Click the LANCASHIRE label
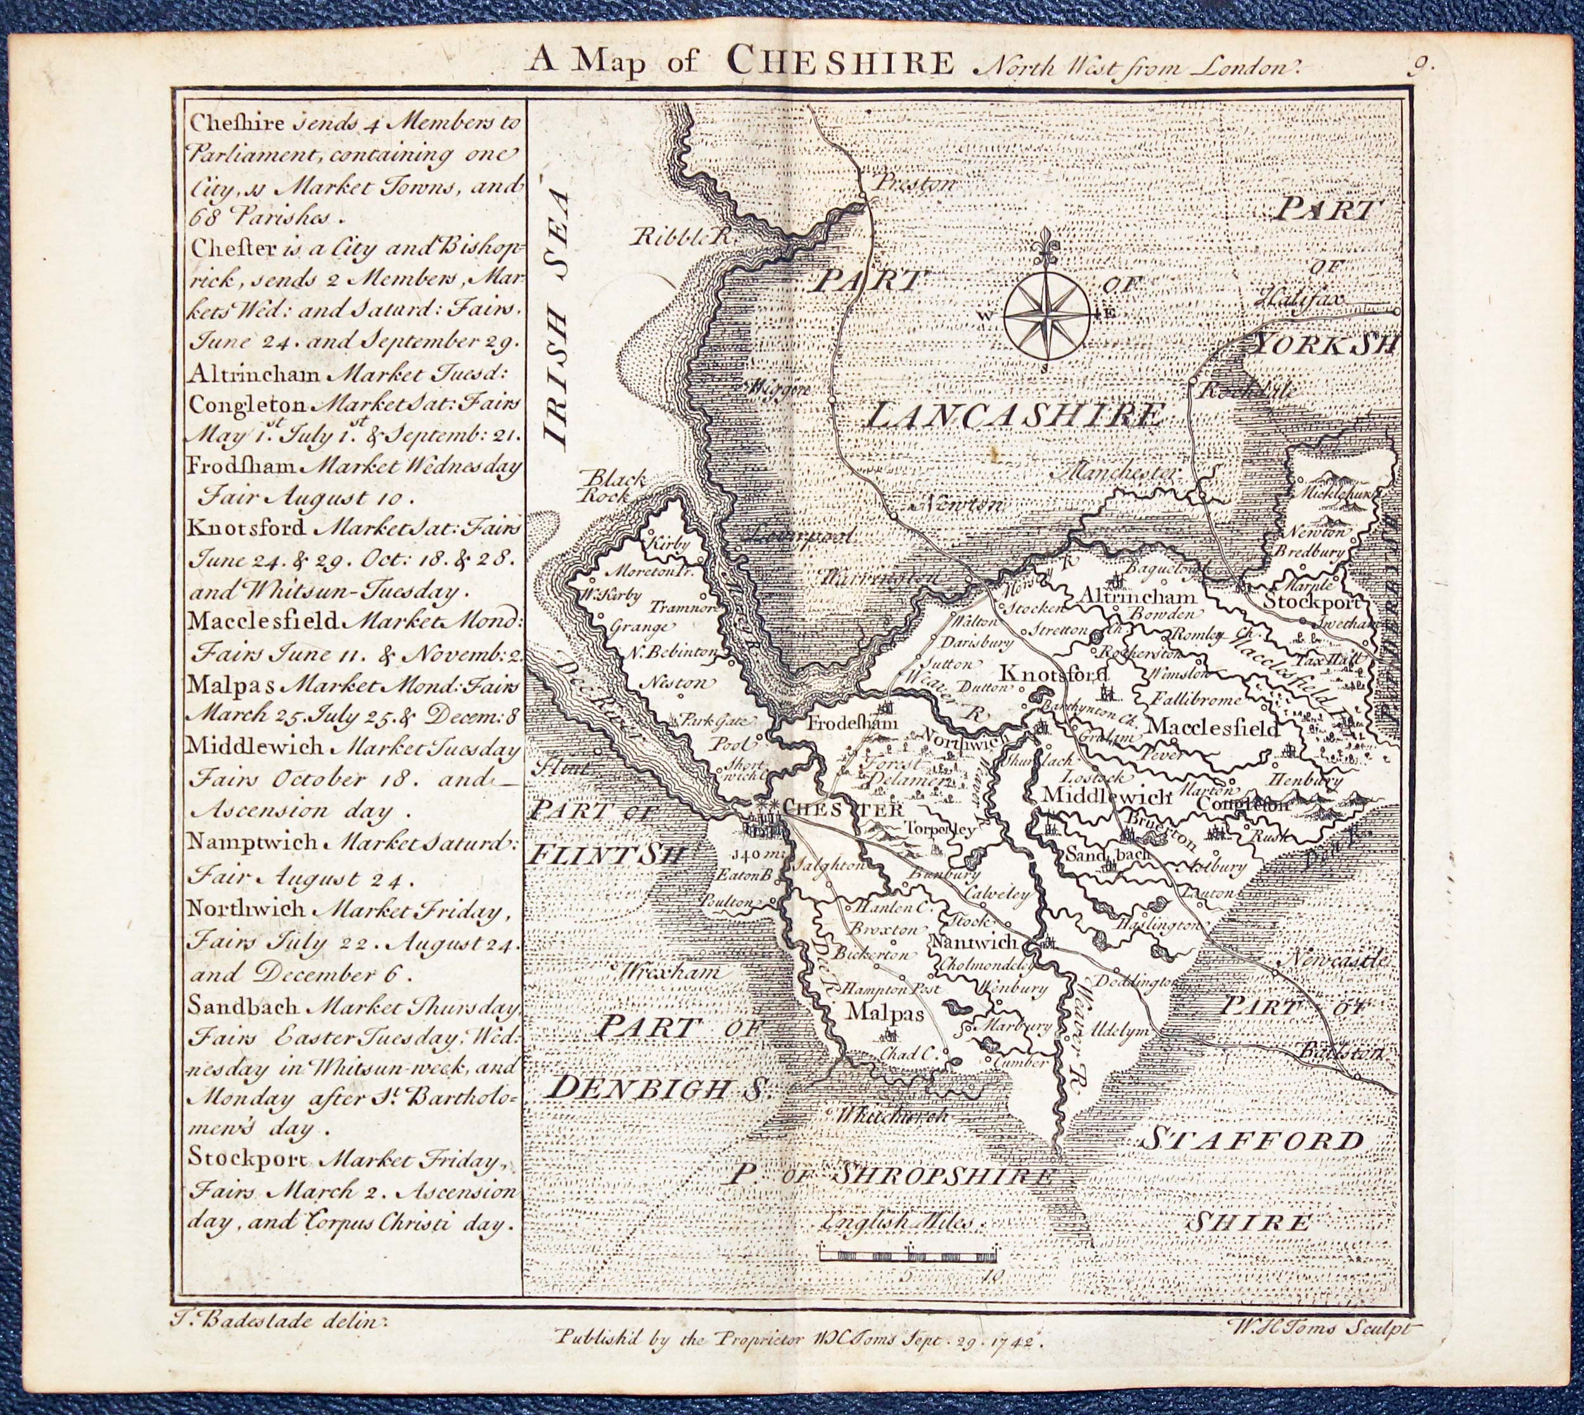(x=1016, y=416)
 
